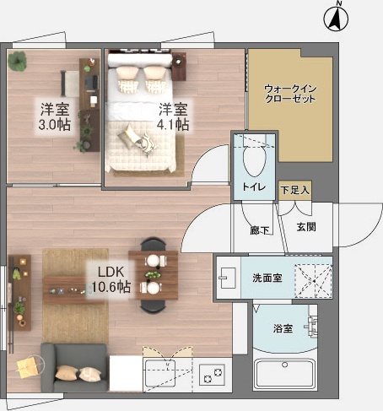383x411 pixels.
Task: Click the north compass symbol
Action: coord(336,16)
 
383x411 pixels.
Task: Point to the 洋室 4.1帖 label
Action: coord(174,116)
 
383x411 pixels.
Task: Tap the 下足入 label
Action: coord(294,190)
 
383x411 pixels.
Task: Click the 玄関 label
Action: coord(305,227)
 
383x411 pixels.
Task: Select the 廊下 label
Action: coord(259,230)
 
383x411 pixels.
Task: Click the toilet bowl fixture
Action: coord(253,155)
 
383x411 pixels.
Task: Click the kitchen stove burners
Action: coord(211,371)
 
